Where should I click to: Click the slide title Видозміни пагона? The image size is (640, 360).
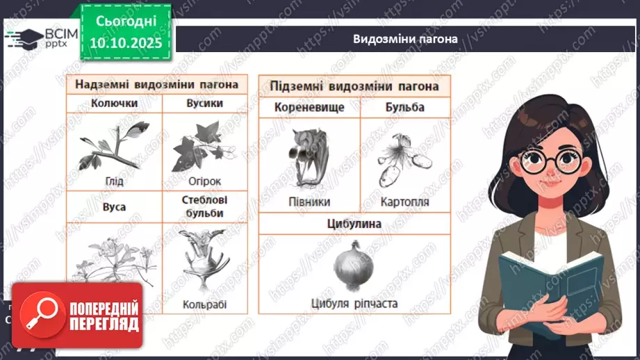coord(404,39)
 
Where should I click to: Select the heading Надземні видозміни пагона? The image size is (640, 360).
coord(156,85)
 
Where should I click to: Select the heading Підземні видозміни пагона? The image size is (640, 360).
coord(354,86)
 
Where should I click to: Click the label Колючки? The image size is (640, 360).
coord(114,103)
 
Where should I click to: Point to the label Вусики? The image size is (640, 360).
coord(204,103)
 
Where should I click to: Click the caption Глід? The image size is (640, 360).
coord(114,181)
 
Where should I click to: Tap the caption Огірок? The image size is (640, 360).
coord(204,181)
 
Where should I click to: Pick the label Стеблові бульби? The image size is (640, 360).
coord(204,206)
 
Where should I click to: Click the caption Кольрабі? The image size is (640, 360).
coord(204,304)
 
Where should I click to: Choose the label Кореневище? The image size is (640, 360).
coord(309,108)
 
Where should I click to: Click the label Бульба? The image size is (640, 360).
coord(404,108)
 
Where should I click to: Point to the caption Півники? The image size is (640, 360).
coord(309,202)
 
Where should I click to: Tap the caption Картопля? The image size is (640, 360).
coord(404,202)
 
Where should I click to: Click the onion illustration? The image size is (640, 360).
coord(354,265)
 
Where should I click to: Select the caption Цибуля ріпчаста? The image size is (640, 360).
coord(354,302)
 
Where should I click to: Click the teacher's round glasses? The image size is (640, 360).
coord(549,162)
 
